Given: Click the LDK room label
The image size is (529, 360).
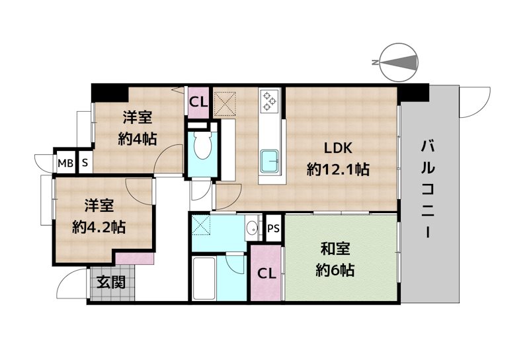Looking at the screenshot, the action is pos(338,148).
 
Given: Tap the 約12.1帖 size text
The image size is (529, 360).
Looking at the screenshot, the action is pos(338,169).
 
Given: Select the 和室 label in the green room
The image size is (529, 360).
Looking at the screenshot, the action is pos(335,249).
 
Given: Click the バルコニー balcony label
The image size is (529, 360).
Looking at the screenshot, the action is pos(428,189).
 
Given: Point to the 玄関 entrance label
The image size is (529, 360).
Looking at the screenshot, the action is pos(111,283).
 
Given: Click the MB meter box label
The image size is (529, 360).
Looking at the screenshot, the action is pos(65,163).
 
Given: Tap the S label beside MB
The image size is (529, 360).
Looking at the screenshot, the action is pos(85,163).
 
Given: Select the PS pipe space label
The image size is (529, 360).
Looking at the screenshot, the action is pos(273,228).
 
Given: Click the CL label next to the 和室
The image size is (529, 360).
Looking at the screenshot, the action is pos(266,273).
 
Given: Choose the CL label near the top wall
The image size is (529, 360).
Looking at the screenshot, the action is pos(198,102).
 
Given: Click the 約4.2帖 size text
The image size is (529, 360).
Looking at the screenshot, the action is pos(99,228).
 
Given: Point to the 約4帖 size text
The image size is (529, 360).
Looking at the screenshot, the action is pos(137,139).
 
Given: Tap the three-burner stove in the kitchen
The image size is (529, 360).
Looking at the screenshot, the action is pos(270,101).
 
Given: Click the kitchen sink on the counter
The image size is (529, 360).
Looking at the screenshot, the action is pos(270,161).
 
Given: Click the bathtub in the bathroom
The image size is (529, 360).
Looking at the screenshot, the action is pos(204,279).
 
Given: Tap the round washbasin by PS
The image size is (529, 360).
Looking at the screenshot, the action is pos(251,228).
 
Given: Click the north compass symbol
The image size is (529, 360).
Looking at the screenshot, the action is pos(399,62).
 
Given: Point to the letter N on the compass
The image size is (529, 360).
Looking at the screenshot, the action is pos(374,62).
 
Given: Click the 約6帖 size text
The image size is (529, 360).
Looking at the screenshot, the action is pos(335,270).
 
